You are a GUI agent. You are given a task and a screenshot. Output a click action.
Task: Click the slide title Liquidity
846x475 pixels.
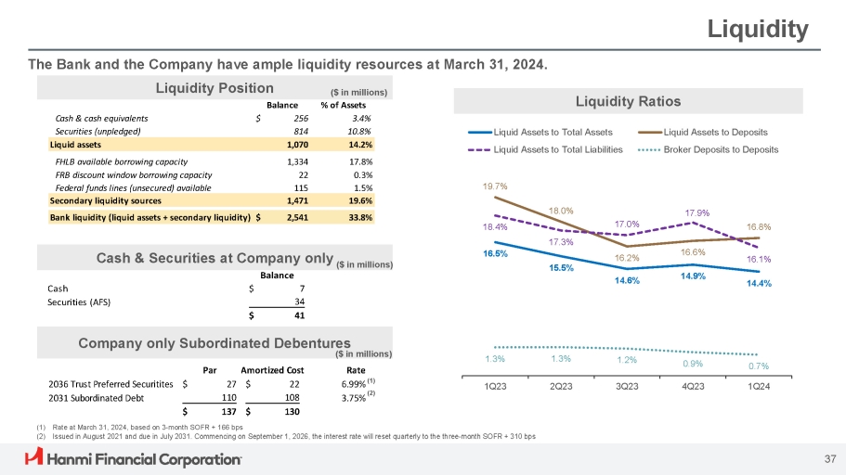(x=758, y=30)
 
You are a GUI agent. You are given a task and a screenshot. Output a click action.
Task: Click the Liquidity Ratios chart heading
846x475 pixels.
(x=627, y=101)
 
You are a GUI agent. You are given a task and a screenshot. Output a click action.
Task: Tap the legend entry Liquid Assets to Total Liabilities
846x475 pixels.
(x=557, y=149)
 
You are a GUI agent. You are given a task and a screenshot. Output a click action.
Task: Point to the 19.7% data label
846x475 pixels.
(x=494, y=186)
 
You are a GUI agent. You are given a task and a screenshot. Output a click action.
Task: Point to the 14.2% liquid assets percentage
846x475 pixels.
(x=359, y=145)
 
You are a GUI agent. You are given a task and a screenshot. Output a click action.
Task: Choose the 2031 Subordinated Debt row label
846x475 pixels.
(x=97, y=397)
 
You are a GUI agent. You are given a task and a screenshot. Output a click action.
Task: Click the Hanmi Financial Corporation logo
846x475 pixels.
(x=134, y=457)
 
